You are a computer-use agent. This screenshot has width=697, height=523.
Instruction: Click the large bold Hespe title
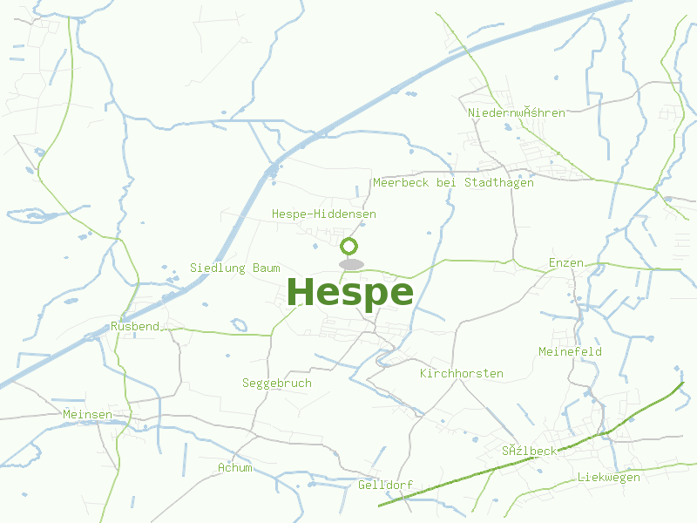click(349, 293)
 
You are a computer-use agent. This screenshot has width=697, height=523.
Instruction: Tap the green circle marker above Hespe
click(349, 246)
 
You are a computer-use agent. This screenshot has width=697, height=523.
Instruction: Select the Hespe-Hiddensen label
click(324, 214)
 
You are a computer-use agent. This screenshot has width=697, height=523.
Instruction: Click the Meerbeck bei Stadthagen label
click(453, 183)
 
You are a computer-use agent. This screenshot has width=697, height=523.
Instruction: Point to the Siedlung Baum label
click(235, 268)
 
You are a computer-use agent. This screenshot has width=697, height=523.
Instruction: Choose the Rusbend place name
click(135, 326)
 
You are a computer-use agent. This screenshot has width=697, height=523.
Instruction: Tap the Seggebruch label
click(276, 383)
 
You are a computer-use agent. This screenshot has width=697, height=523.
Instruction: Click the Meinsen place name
click(87, 414)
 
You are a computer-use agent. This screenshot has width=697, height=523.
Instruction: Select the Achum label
click(235, 467)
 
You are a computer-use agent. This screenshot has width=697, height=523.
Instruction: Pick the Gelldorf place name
click(385, 485)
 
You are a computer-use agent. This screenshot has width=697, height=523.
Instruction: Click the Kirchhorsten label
click(462, 373)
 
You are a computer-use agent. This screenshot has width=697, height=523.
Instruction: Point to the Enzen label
click(566, 262)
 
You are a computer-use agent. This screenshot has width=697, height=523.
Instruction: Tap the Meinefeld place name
click(571, 351)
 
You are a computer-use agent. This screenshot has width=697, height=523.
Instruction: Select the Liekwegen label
click(609, 477)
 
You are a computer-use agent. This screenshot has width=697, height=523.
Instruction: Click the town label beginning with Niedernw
click(517, 112)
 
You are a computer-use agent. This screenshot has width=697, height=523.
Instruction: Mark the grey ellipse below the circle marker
click(350, 264)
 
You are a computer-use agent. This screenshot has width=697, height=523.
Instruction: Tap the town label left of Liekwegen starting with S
click(529, 451)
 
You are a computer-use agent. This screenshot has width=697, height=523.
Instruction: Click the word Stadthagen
click(499, 183)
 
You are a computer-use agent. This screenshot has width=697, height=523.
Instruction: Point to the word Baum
click(267, 268)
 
